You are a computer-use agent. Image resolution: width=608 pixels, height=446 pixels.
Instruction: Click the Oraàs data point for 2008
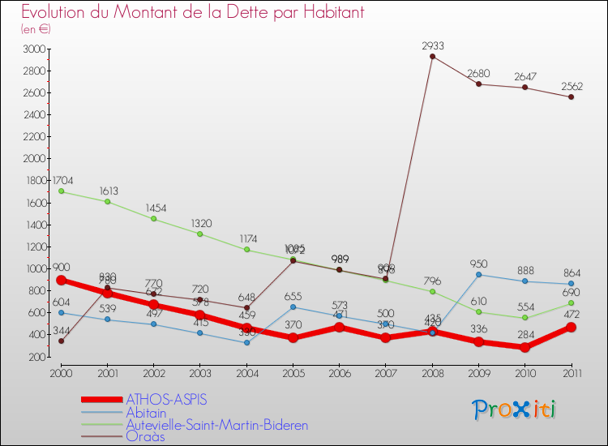click(x=432, y=56)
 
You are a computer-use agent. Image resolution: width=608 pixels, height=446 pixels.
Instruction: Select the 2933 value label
click(x=432, y=45)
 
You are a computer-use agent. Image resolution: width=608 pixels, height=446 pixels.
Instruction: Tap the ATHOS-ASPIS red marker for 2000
click(x=61, y=280)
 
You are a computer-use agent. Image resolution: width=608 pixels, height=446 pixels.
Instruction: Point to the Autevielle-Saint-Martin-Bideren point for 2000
click(x=61, y=191)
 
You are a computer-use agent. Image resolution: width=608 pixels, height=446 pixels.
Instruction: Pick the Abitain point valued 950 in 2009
click(x=478, y=274)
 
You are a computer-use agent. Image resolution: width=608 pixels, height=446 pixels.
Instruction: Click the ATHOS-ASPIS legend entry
click(x=166, y=400)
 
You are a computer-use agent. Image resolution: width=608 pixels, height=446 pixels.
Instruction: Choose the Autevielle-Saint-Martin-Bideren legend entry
click(x=216, y=424)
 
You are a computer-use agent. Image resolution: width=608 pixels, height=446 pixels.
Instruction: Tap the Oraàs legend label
click(x=144, y=436)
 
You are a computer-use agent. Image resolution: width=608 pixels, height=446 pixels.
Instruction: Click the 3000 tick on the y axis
click(x=35, y=49)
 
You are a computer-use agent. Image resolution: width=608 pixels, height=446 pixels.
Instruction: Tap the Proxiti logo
click(x=515, y=410)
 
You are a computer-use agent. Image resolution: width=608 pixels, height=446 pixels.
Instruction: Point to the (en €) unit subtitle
click(x=36, y=29)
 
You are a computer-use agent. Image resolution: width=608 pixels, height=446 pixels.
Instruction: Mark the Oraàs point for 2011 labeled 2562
click(x=572, y=97)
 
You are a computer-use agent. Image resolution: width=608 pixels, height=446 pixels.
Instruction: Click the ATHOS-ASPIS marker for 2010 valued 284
click(x=525, y=347)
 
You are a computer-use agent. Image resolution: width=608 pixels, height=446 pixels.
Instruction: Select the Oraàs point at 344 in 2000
click(x=61, y=341)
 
